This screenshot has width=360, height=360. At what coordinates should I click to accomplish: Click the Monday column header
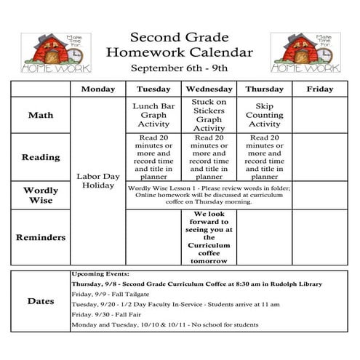tap(98, 89)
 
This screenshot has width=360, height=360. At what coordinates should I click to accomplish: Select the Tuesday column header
tap(153, 89)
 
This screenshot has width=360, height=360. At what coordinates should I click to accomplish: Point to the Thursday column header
tap(264, 89)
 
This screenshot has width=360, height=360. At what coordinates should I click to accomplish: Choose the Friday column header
tap(319, 89)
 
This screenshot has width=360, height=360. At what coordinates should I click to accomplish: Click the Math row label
tap(40, 115)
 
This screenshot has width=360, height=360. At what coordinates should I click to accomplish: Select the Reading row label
tap(40, 156)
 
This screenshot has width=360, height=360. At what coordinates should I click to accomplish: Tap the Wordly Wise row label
tap(40, 195)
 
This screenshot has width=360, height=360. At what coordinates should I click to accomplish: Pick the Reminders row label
tap(40, 237)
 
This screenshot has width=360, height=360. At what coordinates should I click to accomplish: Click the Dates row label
tap(40, 300)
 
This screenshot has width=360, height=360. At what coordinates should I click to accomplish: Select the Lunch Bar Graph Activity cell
tap(153, 115)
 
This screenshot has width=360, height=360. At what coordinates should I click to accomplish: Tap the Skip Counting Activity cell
tap(264, 115)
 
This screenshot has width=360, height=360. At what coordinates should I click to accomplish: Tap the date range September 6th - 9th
tap(179, 68)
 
